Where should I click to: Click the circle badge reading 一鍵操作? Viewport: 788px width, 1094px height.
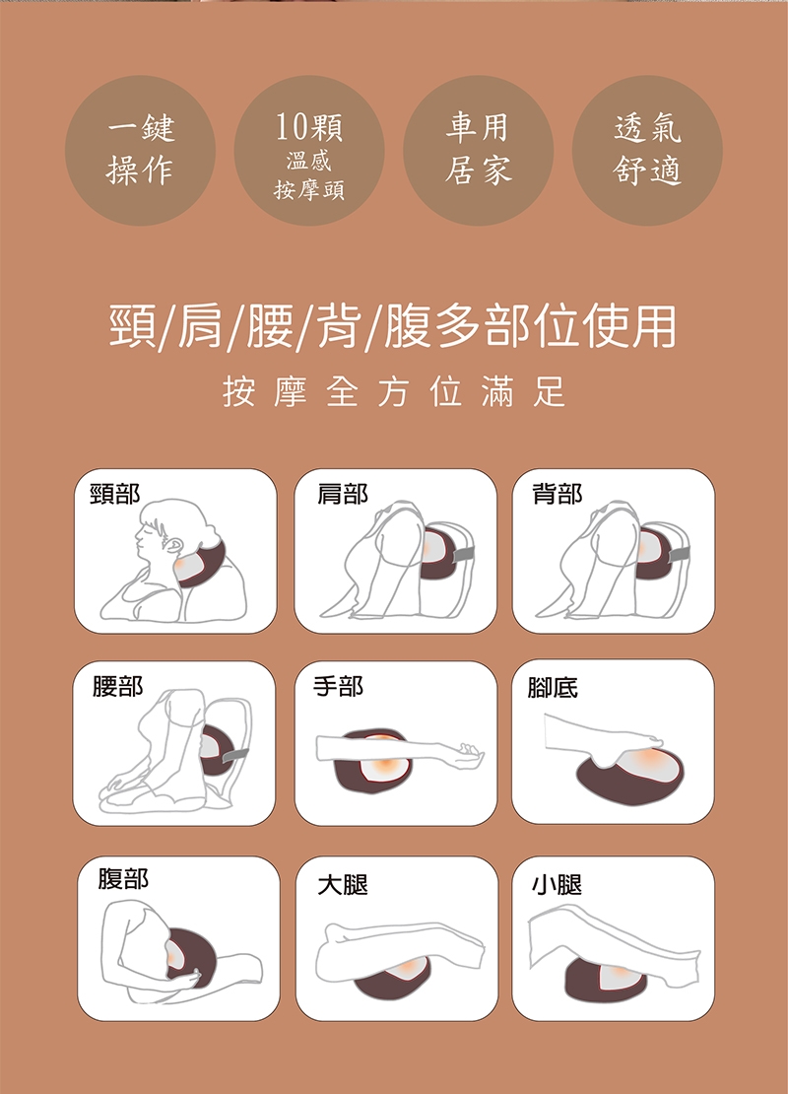(140, 150)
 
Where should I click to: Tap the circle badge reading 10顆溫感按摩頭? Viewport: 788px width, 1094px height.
(309, 150)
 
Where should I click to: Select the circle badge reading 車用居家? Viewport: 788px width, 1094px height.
(479, 150)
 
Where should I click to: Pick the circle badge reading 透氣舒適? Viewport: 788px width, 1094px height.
(647, 150)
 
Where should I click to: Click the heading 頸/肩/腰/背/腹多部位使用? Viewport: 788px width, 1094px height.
(393, 326)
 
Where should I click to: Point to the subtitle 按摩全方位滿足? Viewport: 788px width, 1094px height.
(394, 391)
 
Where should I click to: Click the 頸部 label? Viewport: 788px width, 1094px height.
(115, 494)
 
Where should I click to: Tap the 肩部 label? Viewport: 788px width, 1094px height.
(342, 494)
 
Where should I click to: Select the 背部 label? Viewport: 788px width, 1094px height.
(558, 494)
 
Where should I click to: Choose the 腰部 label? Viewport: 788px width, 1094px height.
(117, 687)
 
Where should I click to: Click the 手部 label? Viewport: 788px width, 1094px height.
(338, 687)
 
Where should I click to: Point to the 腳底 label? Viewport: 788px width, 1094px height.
(553, 688)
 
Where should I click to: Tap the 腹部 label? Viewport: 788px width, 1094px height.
(123, 878)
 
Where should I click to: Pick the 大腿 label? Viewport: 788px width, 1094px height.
(343, 885)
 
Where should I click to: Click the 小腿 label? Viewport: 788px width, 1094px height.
(557, 885)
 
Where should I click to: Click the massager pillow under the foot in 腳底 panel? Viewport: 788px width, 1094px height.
(631, 773)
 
